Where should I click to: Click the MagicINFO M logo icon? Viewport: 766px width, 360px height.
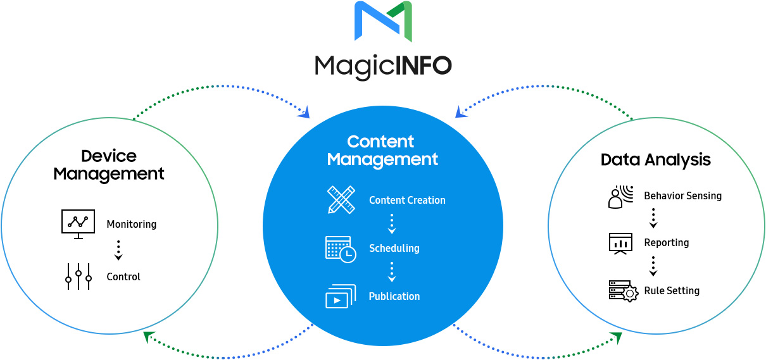pyautogui.click(x=383, y=22)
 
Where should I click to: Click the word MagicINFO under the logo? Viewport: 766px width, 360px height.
pyautogui.click(x=384, y=66)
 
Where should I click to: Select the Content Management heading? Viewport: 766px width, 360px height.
pyautogui.click(x=382, y=151)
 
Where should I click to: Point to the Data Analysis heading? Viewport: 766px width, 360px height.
pyautogui.click(x=656, y=160)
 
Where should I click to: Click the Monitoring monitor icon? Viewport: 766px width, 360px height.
pyautogui.click(x=78, y=224)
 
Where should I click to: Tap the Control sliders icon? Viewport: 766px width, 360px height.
pyautogui.click(x=78, y=276)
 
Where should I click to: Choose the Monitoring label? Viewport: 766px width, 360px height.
pyautogui.click(x=132, y=224)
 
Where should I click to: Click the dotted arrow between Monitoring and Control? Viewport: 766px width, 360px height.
pyautogui.click(x=118, y=250)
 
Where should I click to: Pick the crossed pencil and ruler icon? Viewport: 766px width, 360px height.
pyautogui.click(x=341, y=200)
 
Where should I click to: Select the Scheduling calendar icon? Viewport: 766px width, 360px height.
pyautogui.click(x=341, y=249)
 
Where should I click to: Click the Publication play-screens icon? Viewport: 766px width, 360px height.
pyautogui.click(x=341, y=296)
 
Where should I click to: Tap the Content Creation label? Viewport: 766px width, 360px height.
pyautogui.click(x=407, y=200)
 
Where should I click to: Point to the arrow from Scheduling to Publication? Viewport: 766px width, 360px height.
pyautogui.click(x=392, y=272)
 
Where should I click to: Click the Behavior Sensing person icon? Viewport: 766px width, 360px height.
pyautogui.click(x=620, y=197)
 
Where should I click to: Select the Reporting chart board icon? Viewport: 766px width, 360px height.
pyautogui.click(x=620, y=244)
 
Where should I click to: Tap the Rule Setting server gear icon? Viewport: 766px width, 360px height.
pyautogui.click(x=624, y=291)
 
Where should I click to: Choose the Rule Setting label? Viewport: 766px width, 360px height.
pyautogui.click(x=672, y=290)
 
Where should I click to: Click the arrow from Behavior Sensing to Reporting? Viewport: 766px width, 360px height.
pyautogui.click(x=653, y=218)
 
